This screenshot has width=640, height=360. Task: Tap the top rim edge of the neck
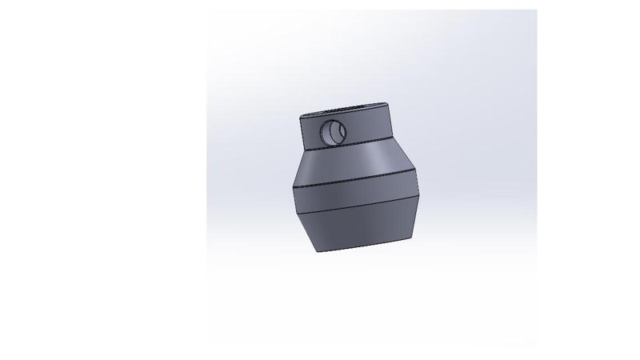click(346, 106)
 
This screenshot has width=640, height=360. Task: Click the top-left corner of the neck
click(302, 117)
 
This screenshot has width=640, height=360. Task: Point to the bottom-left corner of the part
click(318, 252)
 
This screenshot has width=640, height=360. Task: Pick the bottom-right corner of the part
click(414, 237)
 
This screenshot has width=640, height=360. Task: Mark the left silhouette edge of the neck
click(303, 133)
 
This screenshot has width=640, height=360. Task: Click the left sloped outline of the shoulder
click(296, 168)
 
